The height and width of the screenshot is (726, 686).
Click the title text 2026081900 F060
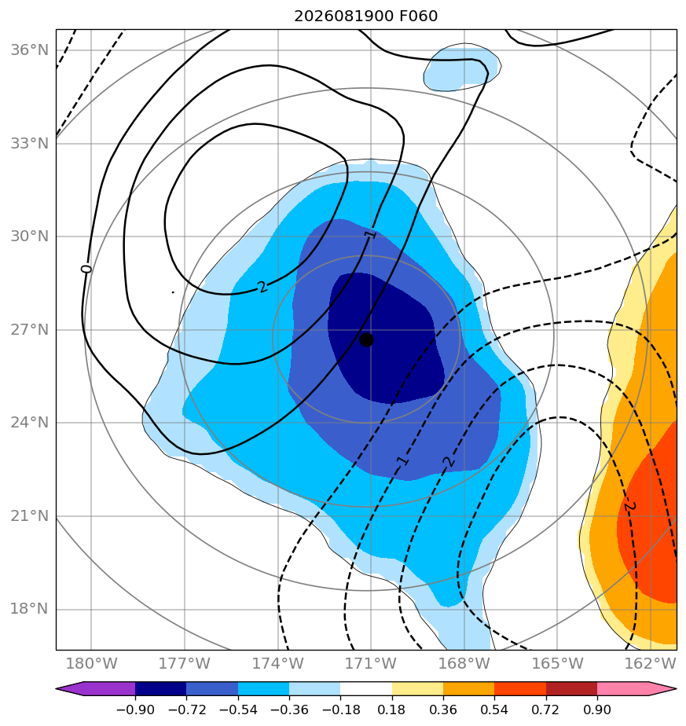[365, 16]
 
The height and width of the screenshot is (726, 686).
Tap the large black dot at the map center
[366, 340]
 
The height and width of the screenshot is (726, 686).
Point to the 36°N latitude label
[29, 50]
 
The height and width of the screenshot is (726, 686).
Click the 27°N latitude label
[29, 330]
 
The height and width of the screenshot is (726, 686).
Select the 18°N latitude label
[29, 609]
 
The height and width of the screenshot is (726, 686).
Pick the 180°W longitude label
[91, 663]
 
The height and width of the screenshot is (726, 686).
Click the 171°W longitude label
[371, 663]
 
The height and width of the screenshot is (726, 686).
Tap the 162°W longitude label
[651, 663]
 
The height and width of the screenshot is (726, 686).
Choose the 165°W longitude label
[557, 663]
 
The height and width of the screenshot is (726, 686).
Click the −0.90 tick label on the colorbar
[135, 709]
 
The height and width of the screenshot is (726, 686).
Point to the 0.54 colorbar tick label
[494, 709]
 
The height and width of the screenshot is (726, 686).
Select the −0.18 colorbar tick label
[340, 709]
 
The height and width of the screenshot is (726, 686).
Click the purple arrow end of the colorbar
[95, 688]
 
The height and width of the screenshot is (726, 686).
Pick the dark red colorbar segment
[571, 688]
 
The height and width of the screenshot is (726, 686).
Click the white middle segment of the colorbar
[366, 688]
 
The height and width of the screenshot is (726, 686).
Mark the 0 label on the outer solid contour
[86, 269]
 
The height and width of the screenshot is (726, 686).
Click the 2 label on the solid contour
[262, 287]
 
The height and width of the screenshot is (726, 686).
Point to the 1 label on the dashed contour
[403, 460]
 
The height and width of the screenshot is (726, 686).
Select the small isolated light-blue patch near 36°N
[462, 68]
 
